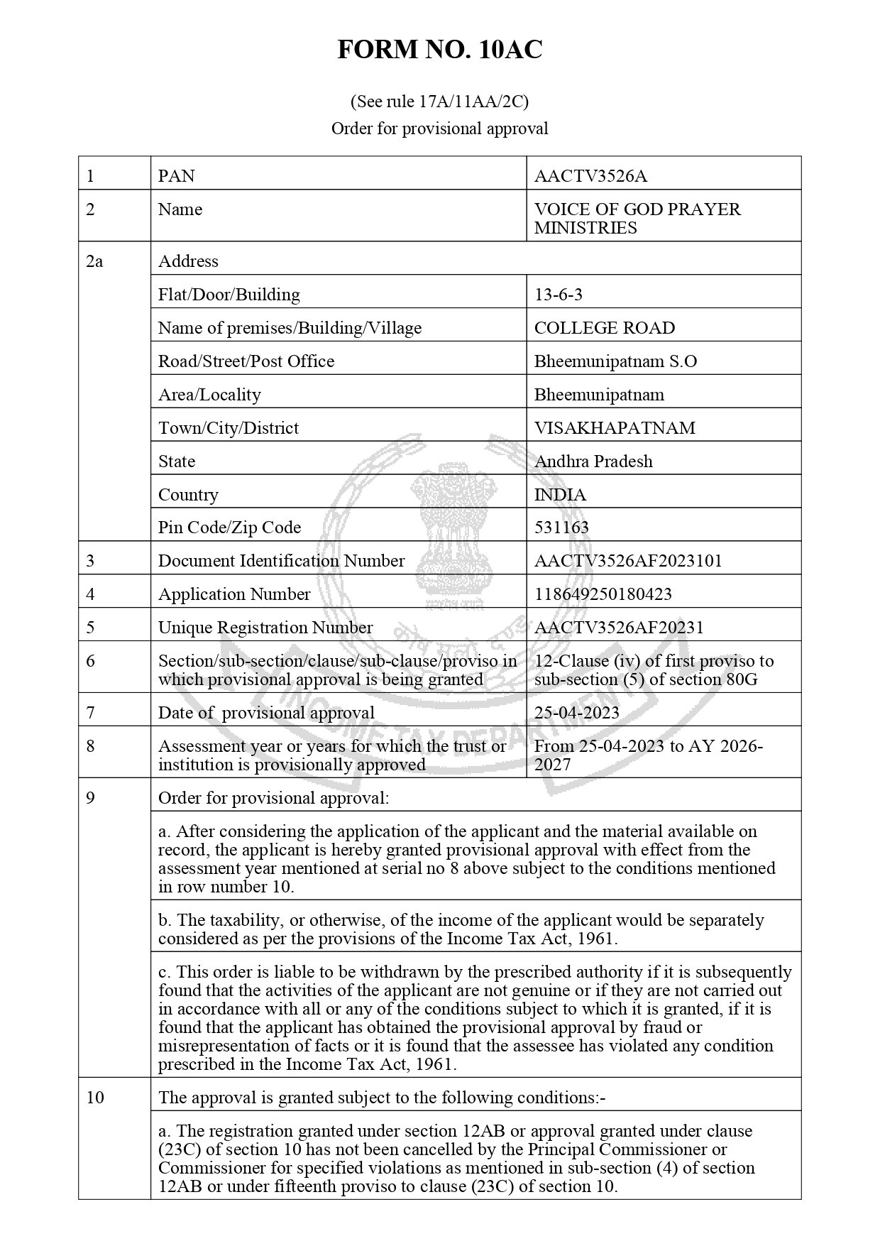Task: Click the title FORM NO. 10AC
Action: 439,50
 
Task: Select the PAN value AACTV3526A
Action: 590,176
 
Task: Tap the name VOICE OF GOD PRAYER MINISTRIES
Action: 637,219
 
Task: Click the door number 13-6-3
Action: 558,295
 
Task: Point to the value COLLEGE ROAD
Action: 604,328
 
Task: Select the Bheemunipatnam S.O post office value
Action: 615,361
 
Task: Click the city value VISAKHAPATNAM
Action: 615,428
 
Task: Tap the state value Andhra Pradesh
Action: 593,461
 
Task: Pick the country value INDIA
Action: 560,495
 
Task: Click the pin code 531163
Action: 561,528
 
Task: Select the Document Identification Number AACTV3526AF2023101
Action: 628,561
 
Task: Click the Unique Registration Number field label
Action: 265,628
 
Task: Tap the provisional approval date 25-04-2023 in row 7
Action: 576,713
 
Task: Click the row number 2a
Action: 94,261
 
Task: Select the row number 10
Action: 94,1098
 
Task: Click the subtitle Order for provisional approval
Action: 439,129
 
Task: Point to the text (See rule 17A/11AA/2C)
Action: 439,102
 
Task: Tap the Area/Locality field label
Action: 209,395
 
